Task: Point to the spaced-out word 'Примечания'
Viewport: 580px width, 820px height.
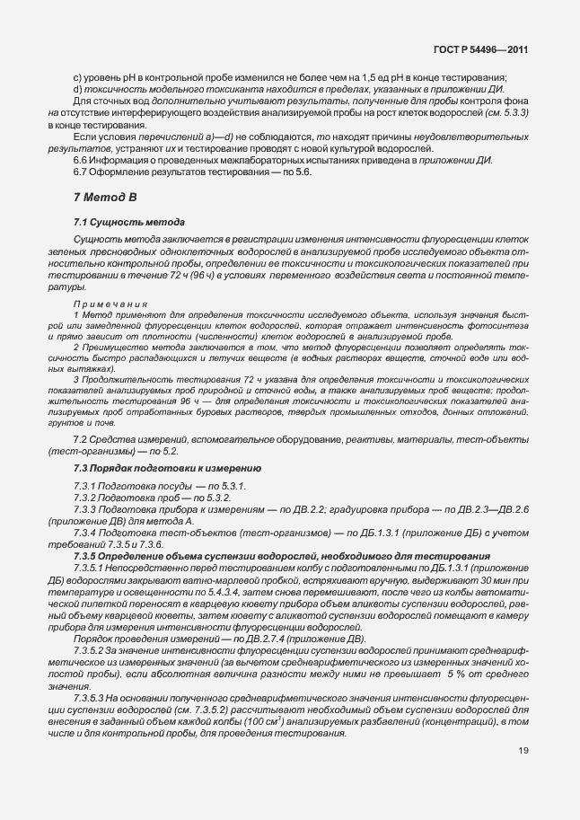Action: [110, 304]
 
